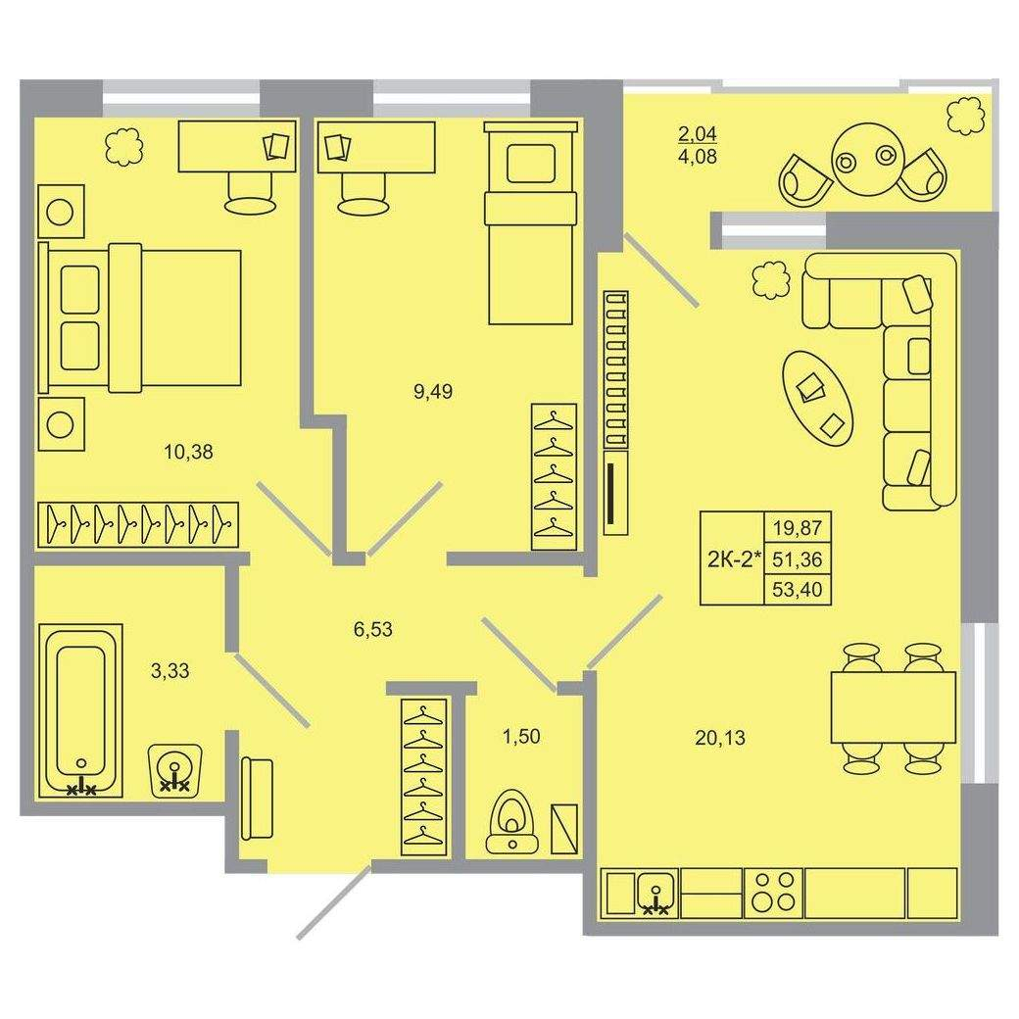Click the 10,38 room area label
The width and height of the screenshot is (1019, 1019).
point(188,452)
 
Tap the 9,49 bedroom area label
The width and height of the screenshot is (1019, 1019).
point(433,392)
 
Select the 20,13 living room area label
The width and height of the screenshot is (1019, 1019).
point(720,738)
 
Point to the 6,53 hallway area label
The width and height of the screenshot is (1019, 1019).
point(373,629)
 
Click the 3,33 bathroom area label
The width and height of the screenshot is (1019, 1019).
point(170,670)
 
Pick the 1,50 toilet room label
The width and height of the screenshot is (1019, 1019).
point(521,736)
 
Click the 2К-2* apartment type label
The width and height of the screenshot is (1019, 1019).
point(734,558)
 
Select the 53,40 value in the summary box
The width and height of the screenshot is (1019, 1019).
point(798,590)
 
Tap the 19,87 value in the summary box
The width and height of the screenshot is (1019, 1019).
point(798,527)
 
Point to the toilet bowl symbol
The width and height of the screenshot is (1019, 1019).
point(512,820)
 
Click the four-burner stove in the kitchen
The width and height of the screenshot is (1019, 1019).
point(774,894)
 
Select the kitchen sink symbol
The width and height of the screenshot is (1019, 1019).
point(657,894)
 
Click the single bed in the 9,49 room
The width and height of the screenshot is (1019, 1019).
point(531,222)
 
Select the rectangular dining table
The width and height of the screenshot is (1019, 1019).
point(894,707)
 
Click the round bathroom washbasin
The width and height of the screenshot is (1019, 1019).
point(175,769)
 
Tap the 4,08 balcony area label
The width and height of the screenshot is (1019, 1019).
point(698,157)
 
